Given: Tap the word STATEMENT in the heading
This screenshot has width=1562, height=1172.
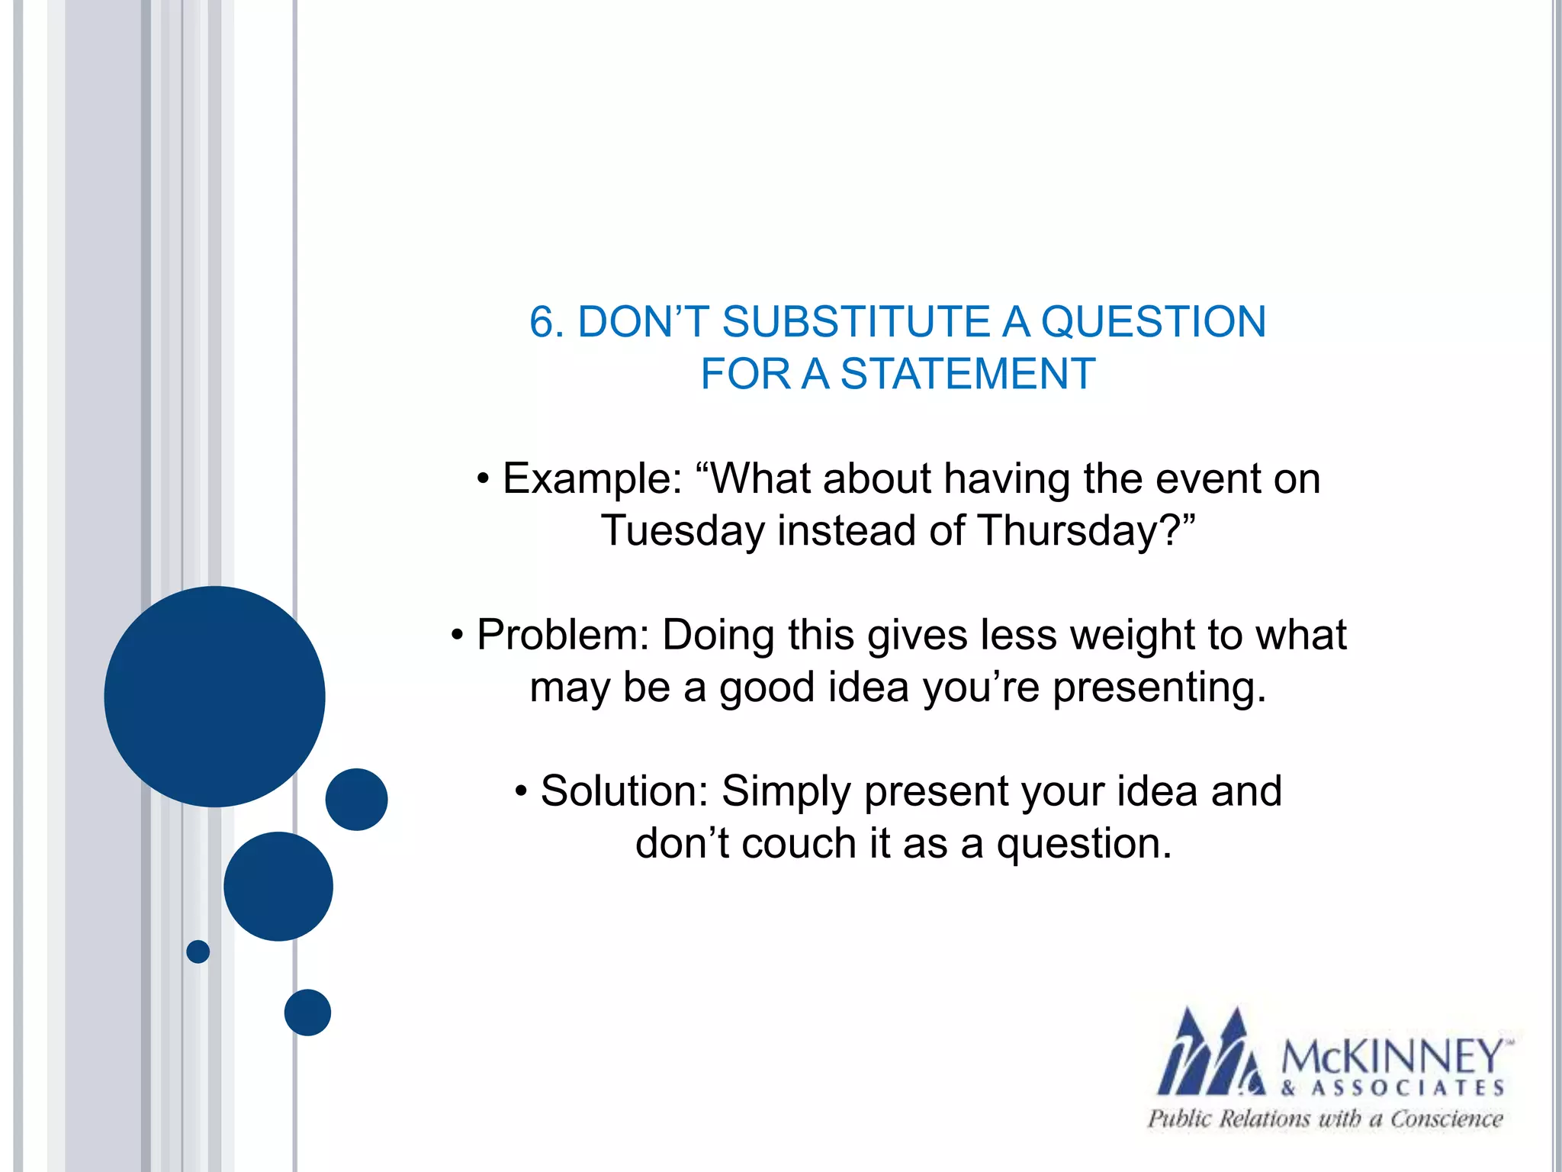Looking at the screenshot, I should click(967, 374).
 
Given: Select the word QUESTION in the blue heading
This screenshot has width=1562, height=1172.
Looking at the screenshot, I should click(1153, 321).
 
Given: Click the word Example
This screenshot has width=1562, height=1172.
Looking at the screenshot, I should click(592, 479).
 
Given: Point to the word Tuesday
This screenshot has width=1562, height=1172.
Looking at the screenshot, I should click(682, 530).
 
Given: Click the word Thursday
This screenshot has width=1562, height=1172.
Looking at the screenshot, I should click(1068, 530).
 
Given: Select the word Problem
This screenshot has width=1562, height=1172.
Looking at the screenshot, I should click(563, 635).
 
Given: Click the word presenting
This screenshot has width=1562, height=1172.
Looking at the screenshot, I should click(1159, 687).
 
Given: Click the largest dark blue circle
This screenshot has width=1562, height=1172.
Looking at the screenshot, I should click(214, 696).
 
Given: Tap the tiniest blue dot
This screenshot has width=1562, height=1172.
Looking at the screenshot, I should click(198, 951).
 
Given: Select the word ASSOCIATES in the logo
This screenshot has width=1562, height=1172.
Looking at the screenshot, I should click(1407, 1088).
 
